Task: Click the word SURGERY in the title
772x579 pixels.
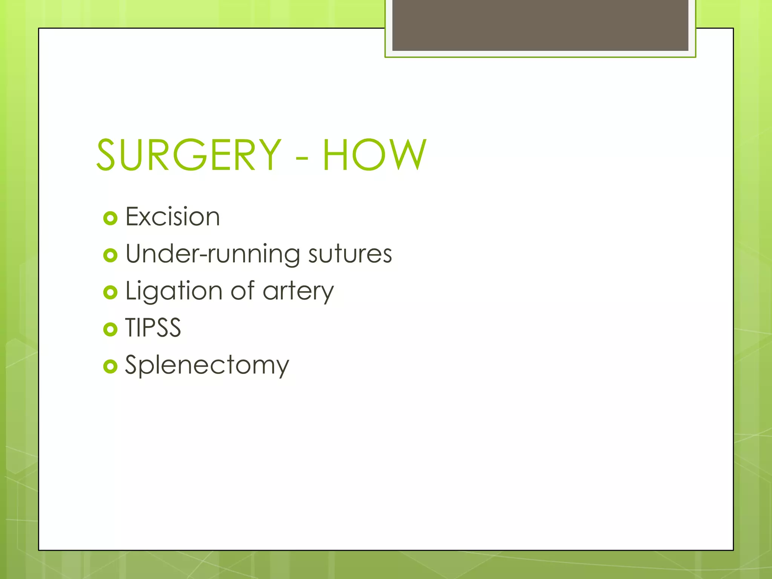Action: pyautogui.click(x=188, y=155)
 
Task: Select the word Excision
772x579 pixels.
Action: pyautogui.click(x=172, y=217)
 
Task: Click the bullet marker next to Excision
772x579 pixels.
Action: pyautogui.click(x=110, y=218)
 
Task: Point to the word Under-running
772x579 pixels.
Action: pyautogui.click(x=213, y=254)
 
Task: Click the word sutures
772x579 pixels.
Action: pyautogui.click(x=350, y=254)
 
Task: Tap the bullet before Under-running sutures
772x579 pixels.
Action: pyautogui.click(x=110, y=256)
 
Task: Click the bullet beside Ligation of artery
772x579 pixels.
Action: pyautogui.click(x=110, y=293)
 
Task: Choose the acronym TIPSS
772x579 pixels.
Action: pyautogui.click(x=153, y=328)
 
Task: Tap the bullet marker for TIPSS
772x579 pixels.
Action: pyautogui.click(x=110, y=329)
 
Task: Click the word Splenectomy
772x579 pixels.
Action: pyautogui.click(x=207, y=365)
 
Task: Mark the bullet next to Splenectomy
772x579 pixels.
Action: pyautogui.click(x=110, y=366)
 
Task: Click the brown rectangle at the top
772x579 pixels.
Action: pyautogui.click(x=540, y=25)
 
